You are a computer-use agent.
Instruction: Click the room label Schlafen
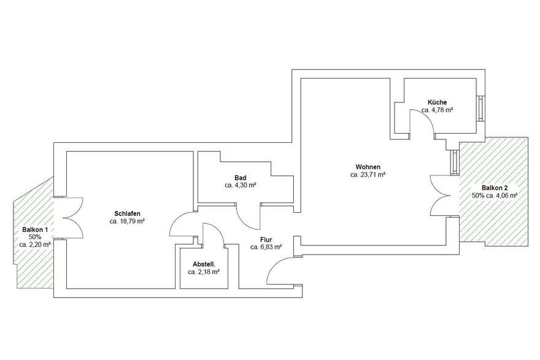[x=127, y=213]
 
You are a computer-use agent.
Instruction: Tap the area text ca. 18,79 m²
[x=127, y=221]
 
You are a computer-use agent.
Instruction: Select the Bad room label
[x=241, y=177]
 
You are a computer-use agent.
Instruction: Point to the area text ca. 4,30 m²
[x=241, y=185]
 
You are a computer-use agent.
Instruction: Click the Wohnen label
[x=368, y=167]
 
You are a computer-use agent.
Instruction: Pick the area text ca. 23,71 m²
[x=368, y=175]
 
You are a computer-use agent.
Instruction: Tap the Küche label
[x=438, y=102]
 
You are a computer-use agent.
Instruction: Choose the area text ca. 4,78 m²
[x=438, y=110]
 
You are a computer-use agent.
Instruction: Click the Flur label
[x=266, y=240]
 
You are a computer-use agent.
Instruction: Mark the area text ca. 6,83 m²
[x=266, y=248]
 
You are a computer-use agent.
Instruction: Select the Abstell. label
[x=204, y=264]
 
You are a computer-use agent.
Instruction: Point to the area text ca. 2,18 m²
[x=204, y=272]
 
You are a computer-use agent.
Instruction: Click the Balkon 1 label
[x=35, y=229]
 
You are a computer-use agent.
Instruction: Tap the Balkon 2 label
[x=495, y=188]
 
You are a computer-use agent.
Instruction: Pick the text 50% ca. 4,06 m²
[x=495, y=196]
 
